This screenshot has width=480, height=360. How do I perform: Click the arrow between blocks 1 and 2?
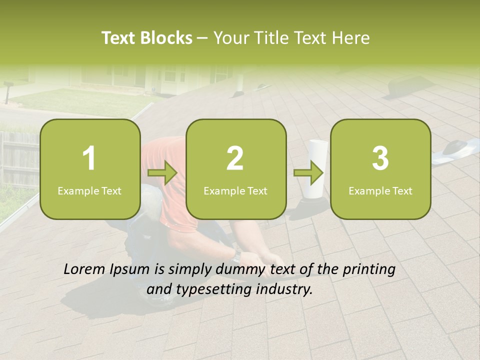(162, 174)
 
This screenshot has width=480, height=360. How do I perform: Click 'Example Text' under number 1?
(89, 190)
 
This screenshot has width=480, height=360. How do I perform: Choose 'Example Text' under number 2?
(235, 190)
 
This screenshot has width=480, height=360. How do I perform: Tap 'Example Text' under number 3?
(380, 190)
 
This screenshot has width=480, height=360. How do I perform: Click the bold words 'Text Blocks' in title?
(147, 38)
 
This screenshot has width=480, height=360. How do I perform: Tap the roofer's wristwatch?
(236, 256)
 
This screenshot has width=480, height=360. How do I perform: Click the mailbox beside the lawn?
(7, 90)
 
